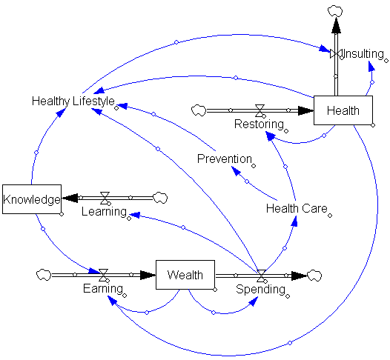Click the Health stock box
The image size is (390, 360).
[343, 110]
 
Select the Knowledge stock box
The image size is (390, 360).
[32, 199]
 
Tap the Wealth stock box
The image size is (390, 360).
[185, 275]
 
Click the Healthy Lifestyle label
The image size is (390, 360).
[73, 101]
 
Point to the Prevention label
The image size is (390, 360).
[225, 159]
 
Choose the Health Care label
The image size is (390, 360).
[297, 208]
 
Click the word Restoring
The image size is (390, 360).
[259, 124]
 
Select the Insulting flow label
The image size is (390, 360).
[363, 54]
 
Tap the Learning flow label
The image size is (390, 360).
[105, 212]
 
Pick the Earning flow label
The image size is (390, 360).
[103, 288]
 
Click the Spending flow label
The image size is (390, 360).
[260, 289]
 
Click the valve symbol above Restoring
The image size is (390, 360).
[260, 110]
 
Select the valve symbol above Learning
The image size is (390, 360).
[105, 198]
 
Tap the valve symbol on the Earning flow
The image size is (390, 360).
[103, 275]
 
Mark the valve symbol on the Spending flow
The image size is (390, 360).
[261, 276]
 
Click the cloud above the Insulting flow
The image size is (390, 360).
[335, 12]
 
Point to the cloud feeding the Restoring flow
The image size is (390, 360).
[199, 110]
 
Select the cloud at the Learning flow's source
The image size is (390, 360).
[160, 198]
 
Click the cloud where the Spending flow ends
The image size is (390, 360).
[314, 276]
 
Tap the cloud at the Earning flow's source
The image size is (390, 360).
[44, 275]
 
